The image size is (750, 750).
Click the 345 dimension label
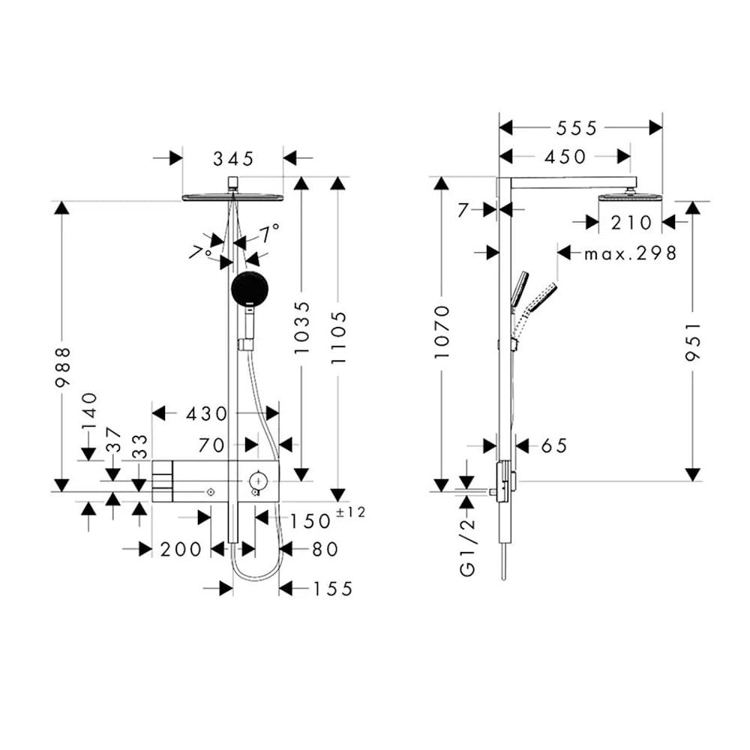tap(233, 158)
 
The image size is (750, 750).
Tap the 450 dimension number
tap(564, 157)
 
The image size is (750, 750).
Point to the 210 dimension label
tap(630, 222)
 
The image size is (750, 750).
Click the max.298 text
tap(630, 253)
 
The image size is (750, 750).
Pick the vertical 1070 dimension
tap(442, 331)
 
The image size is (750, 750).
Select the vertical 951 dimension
tap(693, 342)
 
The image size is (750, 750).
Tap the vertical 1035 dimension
tap(301, 328)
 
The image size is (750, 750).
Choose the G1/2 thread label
tap(467, 544)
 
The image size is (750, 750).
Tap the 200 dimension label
tap(181, 550)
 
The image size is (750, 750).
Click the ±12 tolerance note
tap(351, 513)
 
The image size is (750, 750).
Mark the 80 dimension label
tap(324, 550)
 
